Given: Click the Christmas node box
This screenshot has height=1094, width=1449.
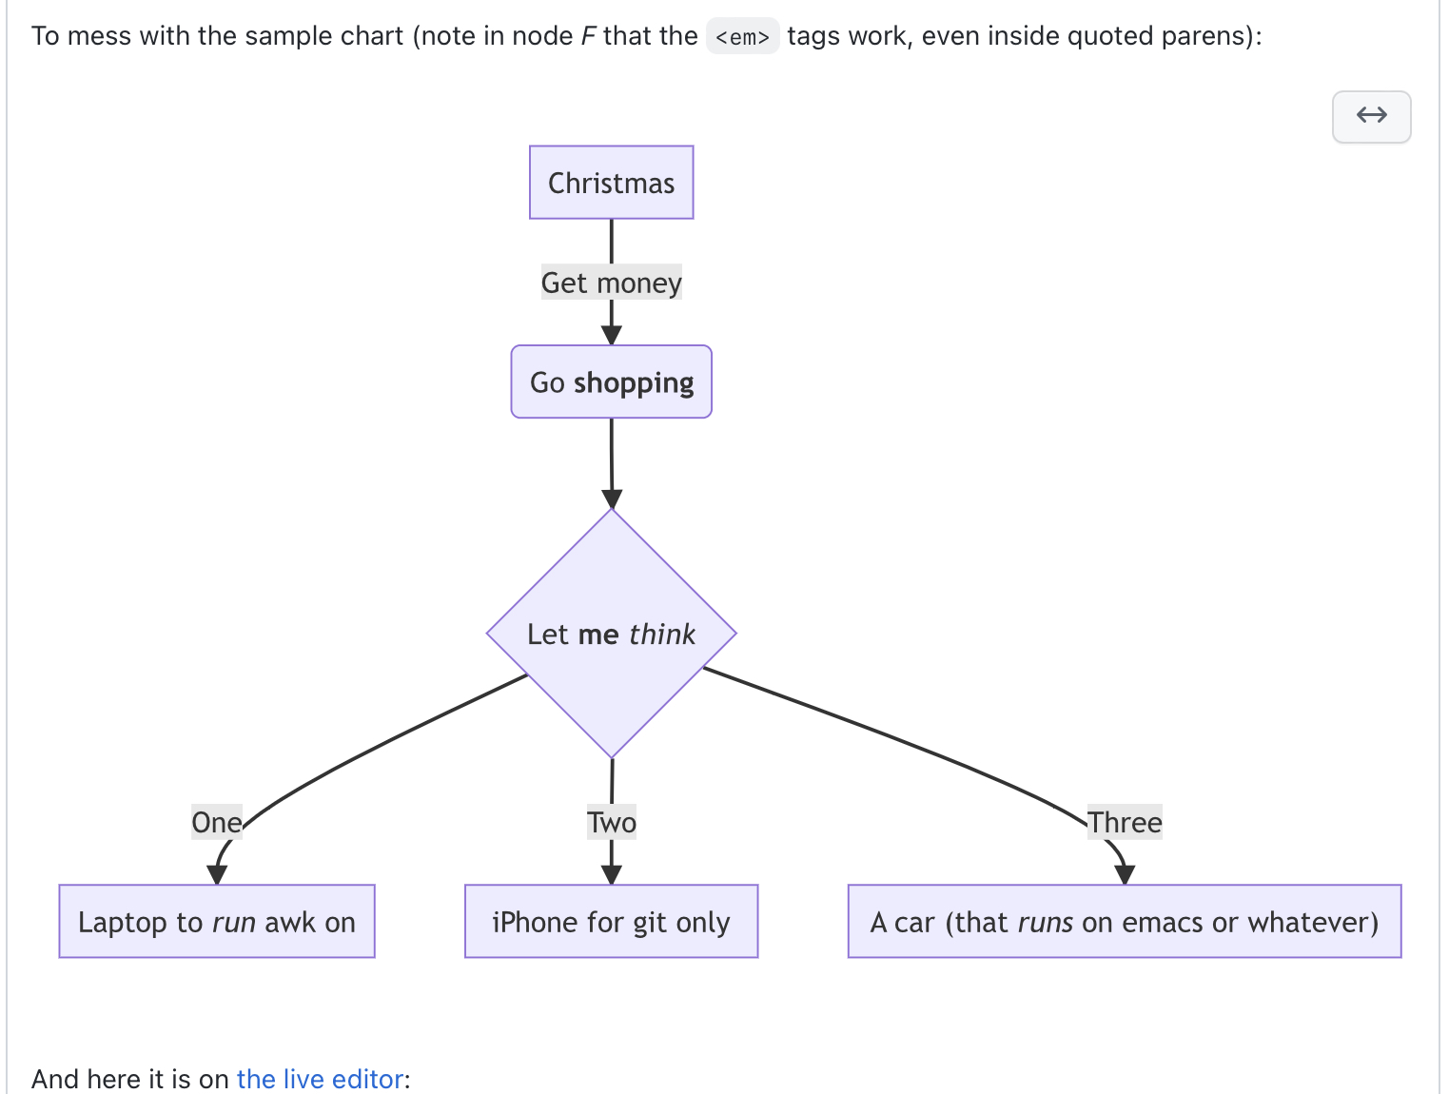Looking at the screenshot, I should tap(611, 183).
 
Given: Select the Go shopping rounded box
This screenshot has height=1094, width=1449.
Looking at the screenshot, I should tap(611, 381).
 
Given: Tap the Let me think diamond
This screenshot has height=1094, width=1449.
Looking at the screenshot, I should tap(611, 634).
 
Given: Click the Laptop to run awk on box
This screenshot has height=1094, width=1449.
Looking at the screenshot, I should tap(217, 922).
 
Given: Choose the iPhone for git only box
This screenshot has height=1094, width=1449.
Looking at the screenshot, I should tap(611, 922).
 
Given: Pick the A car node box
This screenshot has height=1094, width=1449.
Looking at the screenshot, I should tap(1124, 922).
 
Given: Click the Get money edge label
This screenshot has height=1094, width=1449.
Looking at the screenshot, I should tap(611, 283).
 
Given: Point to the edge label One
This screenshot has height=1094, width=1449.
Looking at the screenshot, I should tap(216, 822).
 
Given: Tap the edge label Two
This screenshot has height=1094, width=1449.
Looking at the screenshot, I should tap(611, 822).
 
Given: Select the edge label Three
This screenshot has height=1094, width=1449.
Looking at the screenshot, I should tap(1125, 822).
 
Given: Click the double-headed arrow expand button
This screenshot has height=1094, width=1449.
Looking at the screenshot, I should tap(1371, 116).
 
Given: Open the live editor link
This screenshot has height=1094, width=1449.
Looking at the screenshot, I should tap(320, 1079).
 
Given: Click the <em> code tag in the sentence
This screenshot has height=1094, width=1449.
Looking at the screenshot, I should tap(742, 37).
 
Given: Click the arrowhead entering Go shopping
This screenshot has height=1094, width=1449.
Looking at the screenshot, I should tap(611, 335).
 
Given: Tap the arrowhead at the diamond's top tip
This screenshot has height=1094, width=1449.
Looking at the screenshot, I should tap(612, 499).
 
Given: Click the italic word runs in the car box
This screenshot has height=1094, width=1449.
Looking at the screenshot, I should tap(1045, 922).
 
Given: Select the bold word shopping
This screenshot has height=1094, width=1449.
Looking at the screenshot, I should tap(633, 382).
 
